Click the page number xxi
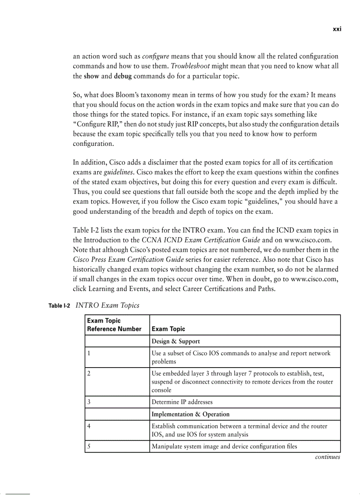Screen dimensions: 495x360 point(337,29)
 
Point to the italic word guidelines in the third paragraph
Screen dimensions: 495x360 point(117,172)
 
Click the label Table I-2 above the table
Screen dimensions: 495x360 point(59,306)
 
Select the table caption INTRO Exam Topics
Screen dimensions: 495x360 point(108,305)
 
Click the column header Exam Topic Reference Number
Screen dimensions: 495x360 point(114,325)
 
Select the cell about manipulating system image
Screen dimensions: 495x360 point(224,447)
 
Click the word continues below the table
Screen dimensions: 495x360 point(327,457)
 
